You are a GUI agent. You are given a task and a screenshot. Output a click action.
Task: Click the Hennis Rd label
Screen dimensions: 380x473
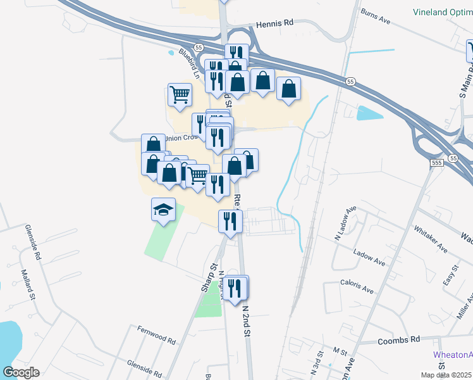275,23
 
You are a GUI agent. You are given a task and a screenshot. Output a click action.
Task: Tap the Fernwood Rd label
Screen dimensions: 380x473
156,334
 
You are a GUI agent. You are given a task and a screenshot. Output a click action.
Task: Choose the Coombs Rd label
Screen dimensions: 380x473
398,339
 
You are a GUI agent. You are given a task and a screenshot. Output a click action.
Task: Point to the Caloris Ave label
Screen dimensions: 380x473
357,286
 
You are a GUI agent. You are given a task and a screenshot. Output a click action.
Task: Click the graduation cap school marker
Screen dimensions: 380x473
163,209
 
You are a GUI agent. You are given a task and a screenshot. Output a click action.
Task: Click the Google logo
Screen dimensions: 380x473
20,372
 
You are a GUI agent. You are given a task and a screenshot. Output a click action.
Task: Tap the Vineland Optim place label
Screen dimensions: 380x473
443,12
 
